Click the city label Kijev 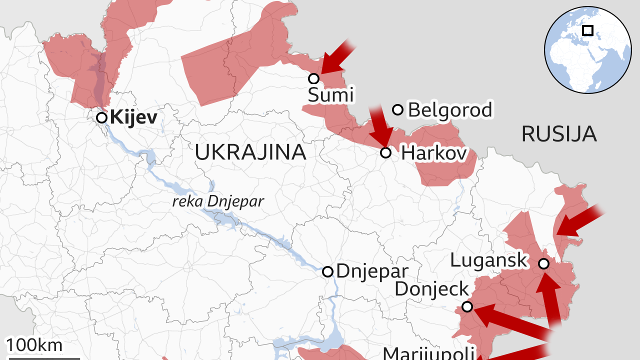point(133,118)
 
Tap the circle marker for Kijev point(101,118)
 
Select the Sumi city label point(330,94)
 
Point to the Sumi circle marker point(314,78)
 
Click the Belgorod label point(450,109)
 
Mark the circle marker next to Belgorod point(398,109)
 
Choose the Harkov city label point(434,153)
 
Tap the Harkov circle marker point(385,152)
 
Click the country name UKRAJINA point(250,152)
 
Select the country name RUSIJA point(559,134)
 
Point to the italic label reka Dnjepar point(217,201)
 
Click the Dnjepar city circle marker point(327,271)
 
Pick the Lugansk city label point(488,260)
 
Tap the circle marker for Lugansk point(543,263)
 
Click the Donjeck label point(432,288)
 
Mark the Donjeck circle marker point(467,306)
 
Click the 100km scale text point(34,345)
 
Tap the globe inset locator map point(588,50)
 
